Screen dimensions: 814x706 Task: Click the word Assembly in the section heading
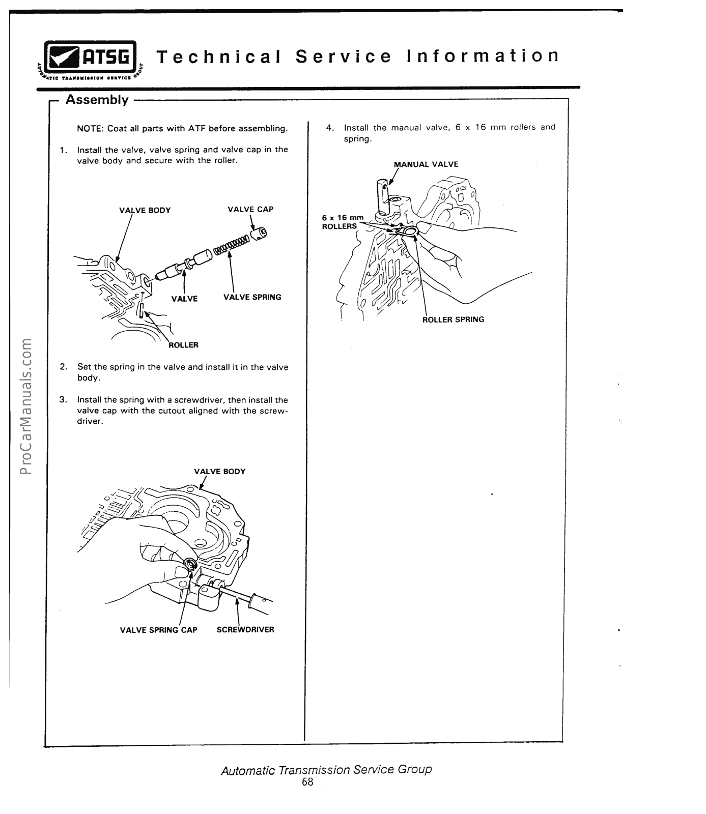point(97,100)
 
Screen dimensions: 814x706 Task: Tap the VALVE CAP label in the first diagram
point(250,209)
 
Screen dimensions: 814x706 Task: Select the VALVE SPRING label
point(252,297)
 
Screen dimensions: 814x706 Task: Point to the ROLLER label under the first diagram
point(183,345)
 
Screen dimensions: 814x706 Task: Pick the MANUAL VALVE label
point(426,164)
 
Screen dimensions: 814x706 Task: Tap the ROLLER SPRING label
point(453,319)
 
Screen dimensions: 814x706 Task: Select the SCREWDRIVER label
point(245,630)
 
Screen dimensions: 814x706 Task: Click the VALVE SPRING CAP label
point(158,630)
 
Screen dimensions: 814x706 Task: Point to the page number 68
point(307,782)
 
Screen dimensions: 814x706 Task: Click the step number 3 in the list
point(63,399)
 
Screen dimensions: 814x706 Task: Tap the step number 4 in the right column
point(330,127)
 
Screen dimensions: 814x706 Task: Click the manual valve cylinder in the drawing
point(382,196)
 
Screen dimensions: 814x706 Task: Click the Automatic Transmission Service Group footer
point(326,769)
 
